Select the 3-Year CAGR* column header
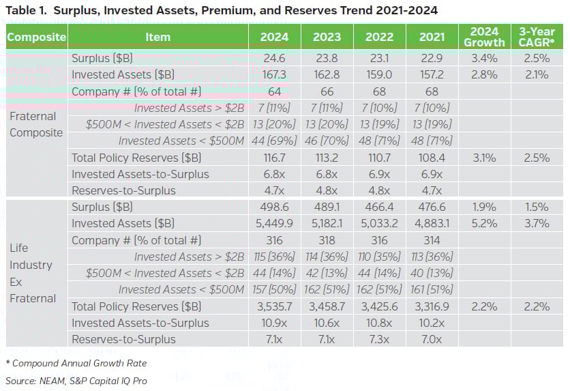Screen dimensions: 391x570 [x=537, y=37]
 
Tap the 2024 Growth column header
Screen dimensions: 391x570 [x=485, y=37]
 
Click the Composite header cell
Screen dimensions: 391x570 [x=36, y=37]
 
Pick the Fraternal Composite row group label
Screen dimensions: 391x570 [x=36, y=124]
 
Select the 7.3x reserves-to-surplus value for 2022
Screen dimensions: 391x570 [x=379, y=339]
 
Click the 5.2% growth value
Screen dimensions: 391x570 [x=485, y=223]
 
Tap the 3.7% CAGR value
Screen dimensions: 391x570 [x=537, y=223]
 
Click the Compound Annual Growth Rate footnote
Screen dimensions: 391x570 [x=76, y=363]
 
